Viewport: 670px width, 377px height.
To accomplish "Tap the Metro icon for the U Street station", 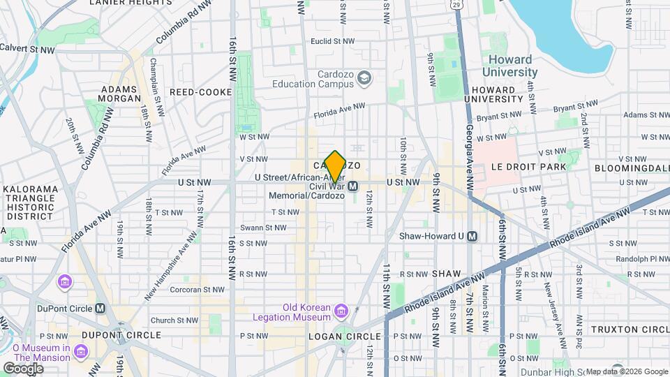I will pyautogui.click(x=353, y=186).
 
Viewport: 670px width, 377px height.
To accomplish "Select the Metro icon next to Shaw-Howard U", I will pyautogui.click(x=472, y=236).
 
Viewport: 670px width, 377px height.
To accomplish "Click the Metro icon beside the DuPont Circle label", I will pyautogui.click(x=100, y=308).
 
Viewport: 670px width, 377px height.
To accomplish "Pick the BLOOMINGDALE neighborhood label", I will pyautogui.click(x=632, y=168).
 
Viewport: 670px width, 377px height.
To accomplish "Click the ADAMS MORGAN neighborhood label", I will pyautogui.click(x=121, y=94).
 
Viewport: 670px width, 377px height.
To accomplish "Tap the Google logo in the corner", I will pyautogui.click(x=23, y=369).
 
